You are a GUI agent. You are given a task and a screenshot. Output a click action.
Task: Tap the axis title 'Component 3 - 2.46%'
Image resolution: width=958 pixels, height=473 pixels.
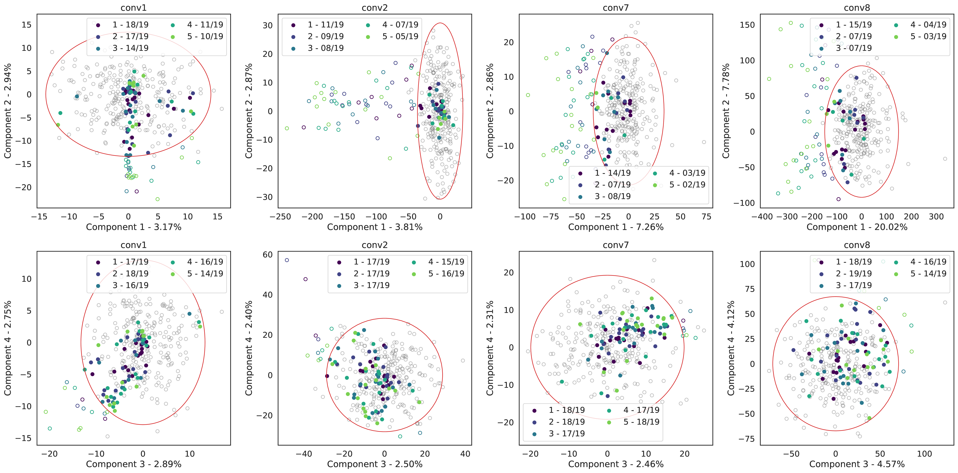point(616,464)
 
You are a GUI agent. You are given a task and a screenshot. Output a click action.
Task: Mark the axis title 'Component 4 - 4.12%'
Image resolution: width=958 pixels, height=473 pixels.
point(731,348)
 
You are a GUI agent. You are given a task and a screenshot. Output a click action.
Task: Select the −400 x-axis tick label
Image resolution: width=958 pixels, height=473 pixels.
point(762,217)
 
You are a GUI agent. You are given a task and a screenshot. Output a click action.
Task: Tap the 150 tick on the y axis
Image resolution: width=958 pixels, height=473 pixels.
point(748,25)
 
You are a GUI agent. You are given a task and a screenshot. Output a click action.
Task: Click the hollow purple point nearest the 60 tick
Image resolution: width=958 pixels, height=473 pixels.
point(287,260)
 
